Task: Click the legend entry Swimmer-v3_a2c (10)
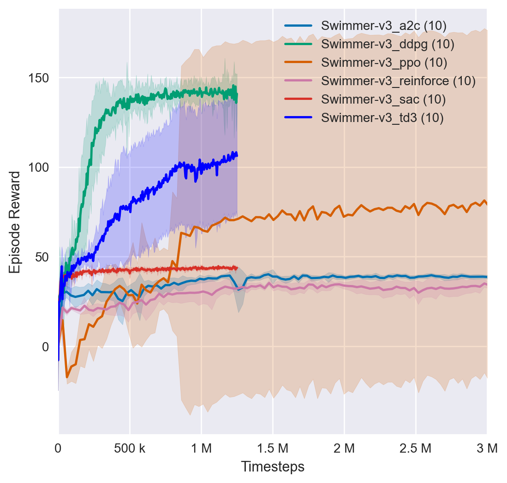point(383,26)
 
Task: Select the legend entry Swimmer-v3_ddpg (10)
point(388,44)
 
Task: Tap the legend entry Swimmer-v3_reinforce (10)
point(398,81)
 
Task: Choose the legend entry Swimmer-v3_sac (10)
point(383,99)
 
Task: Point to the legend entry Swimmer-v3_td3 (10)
point(382,118)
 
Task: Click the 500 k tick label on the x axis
point(130,448)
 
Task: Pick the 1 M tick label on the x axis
point(201,448)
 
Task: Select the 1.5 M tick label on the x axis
point(273,448)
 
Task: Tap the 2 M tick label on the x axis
point(344,448)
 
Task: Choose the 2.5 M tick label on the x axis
point(416,448)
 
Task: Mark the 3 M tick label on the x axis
point(487,448)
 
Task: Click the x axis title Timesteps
point(273,467)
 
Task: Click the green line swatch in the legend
point(298,44)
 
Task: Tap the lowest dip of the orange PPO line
point(67,377)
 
